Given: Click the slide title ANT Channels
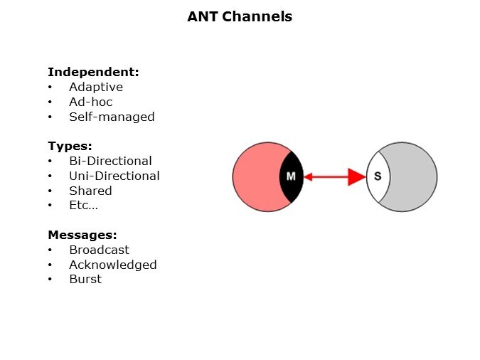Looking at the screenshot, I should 240,16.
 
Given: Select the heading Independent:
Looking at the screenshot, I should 93,72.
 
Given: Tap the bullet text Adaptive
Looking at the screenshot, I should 96,87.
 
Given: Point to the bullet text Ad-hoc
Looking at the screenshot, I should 91,102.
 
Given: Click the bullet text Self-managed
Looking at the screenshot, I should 112,117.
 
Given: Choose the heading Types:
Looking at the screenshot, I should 70,146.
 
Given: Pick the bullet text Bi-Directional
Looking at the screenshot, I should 110,161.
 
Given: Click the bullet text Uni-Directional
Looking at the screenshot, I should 114,176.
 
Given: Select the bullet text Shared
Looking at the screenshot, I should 90,191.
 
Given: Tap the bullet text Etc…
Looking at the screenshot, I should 84,206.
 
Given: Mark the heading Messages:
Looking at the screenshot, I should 82,235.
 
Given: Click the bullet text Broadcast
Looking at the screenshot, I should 100,250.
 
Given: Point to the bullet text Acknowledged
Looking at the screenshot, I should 113,265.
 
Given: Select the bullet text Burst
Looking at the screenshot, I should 85,279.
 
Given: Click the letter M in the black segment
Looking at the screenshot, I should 291,176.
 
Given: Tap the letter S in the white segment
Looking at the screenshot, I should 378,176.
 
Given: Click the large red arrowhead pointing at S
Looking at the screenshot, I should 356,176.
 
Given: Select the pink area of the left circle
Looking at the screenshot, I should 258,176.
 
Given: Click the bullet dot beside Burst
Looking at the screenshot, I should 50,280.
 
